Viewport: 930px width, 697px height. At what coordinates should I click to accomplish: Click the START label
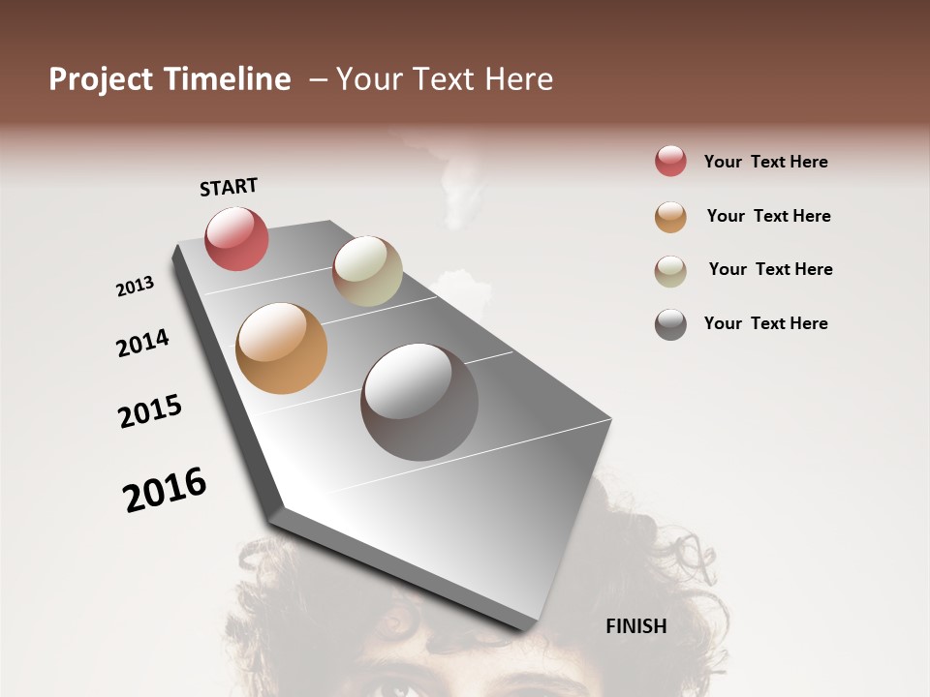pos(229,187)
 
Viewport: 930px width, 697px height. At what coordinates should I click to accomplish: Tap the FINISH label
pos(635,626)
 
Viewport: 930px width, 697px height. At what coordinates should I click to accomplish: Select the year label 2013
pos(136,287)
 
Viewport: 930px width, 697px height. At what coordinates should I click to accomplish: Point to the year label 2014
pos(143,343)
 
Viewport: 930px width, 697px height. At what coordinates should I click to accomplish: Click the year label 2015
pos(150,411)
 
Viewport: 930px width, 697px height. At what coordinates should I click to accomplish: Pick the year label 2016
pos(165,490)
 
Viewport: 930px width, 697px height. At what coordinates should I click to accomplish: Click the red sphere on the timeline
pos(236,238)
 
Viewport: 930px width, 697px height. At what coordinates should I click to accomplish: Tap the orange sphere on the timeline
pos(281,348)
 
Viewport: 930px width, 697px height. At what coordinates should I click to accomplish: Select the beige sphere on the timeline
pos(367,271)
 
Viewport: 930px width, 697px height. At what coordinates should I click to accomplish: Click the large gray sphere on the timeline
pos(419,402)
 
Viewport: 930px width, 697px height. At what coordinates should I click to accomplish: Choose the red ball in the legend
pos(670,161)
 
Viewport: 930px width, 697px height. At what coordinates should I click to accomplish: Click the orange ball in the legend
pos(670,217)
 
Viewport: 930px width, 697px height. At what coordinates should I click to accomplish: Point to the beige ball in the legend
pos(670,271)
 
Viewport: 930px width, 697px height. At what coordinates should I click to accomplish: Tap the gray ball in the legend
pos(670,324)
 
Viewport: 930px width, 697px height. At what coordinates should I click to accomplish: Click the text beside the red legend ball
pos(765,162)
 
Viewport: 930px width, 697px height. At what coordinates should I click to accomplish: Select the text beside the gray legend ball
pos(765,323)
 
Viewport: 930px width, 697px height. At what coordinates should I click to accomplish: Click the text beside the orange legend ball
pos(768,216)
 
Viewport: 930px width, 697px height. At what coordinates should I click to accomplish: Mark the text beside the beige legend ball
pos(770,269)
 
